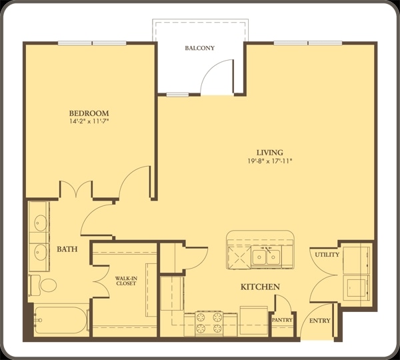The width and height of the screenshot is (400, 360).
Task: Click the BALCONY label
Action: [200, 48]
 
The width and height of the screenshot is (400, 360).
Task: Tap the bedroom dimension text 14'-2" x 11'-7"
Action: [89, 121]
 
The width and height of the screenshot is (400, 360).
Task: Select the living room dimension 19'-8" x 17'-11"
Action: [269, 161]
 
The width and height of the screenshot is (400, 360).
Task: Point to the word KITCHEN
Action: [260, 287]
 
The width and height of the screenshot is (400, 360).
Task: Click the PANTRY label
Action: [282, 320]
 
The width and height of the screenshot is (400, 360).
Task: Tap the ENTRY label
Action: [319, 321]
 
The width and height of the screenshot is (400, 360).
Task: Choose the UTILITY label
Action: [327, 255]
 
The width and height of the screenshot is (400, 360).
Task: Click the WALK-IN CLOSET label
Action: [126, 281]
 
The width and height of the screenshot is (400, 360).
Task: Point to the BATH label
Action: [67, 249]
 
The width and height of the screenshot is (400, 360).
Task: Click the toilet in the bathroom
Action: [43, 285]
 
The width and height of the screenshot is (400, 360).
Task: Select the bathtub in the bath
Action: [61, 320]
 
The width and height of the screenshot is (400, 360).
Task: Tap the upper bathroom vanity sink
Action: [41, 223]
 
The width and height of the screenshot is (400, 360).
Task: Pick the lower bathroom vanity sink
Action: [41, 252]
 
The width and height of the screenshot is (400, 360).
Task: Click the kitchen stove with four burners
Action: [209, 323]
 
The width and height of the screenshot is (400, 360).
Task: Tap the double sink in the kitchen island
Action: [266, 257]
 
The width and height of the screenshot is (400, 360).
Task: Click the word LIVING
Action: [269, 153]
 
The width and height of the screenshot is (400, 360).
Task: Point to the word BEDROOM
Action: [89, 113]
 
